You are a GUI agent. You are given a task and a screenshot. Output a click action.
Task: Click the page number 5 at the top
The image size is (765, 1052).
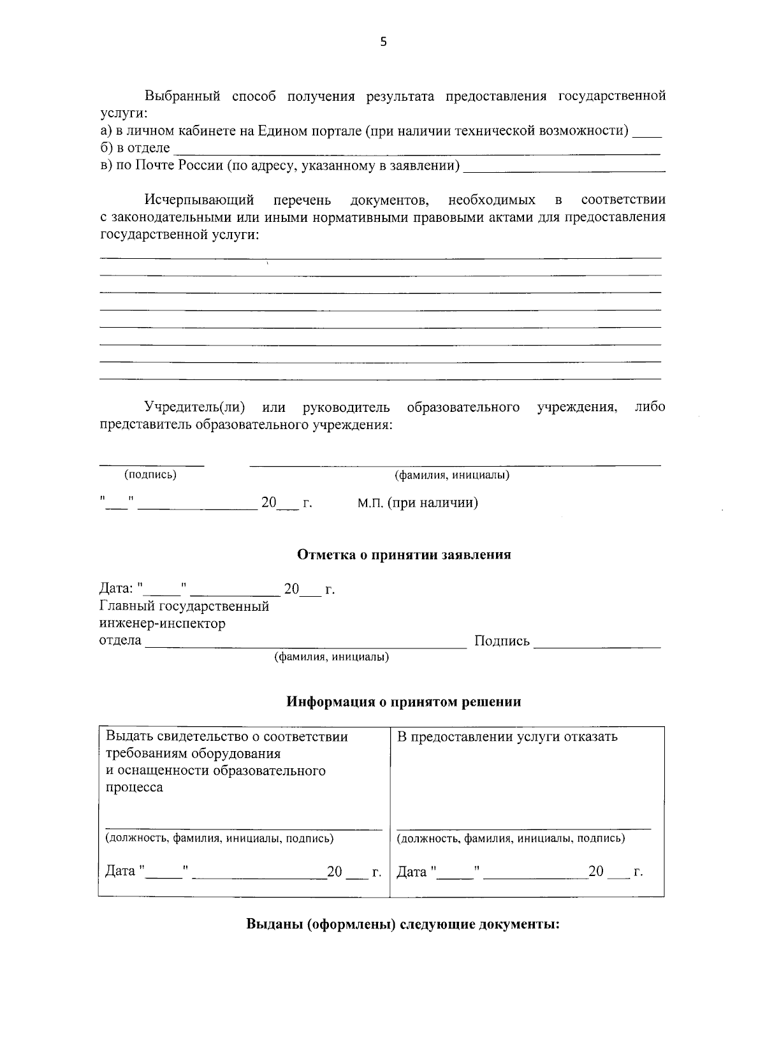tap(383, 42)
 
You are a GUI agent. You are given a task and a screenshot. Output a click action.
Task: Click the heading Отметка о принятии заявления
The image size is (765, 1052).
tap(404, 555)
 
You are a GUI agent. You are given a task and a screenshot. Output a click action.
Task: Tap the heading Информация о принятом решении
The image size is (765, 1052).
tap(404, 702)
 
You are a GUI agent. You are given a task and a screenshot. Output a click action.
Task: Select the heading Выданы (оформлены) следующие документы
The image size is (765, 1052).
tap(402, 924)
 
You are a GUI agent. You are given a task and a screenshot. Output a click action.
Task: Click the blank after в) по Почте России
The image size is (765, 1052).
tap(564, 169)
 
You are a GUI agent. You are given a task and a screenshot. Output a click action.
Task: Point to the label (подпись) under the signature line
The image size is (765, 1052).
tap(150, 474)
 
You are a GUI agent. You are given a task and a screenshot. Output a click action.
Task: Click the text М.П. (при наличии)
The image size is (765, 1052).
tap(418, 503)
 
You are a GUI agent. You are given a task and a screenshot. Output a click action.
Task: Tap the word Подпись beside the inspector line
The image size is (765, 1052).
tap(502, 641)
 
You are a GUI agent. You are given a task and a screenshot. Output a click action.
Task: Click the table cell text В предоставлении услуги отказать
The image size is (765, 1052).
tap(507, 737)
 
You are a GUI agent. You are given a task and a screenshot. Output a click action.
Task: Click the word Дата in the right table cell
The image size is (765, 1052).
tap(411, 872)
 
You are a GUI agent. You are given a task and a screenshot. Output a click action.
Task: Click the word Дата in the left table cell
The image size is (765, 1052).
tap(120, 871)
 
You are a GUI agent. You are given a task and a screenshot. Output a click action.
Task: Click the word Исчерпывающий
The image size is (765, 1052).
tap(199, 200)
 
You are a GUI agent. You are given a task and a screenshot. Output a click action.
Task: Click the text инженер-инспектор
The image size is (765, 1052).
tap(163, 624)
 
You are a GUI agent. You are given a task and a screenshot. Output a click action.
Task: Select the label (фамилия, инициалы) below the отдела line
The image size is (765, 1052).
tap(331, 657)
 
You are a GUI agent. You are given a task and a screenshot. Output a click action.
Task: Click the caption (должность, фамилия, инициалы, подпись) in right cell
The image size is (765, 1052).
tap(511, 838)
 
